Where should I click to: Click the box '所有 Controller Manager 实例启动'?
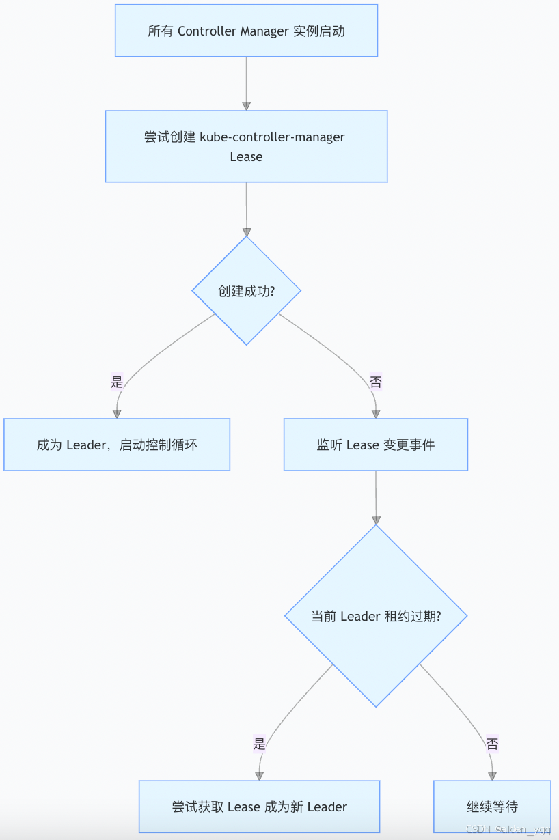246,31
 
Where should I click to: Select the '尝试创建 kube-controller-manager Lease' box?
246,146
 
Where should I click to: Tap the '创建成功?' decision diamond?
246,291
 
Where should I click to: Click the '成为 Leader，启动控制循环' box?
117,445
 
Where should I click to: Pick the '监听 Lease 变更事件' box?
375,445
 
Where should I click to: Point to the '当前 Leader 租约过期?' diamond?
375,616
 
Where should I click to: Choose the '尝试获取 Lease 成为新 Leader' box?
259,807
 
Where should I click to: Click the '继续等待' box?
492,807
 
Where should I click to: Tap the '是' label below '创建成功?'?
117,382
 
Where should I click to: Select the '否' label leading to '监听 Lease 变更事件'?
375,382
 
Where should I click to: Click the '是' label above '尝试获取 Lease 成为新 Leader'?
259,744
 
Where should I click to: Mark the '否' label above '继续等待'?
492,744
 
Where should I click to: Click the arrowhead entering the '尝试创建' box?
246,106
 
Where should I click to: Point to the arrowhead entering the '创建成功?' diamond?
246,232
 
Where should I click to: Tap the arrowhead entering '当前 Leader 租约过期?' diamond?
375,519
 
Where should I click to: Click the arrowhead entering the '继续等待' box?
492,776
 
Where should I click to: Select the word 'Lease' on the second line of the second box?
246,156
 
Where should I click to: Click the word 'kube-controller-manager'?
272,137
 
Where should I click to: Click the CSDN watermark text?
508,828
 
